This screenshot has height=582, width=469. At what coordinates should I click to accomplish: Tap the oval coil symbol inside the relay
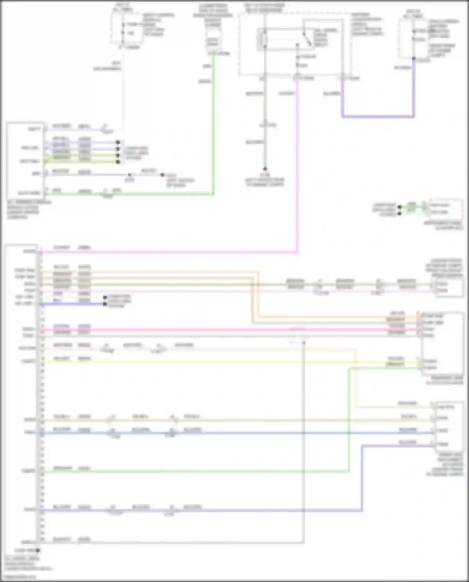(265, 39)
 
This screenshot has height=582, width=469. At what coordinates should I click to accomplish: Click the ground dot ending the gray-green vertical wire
(265, 169)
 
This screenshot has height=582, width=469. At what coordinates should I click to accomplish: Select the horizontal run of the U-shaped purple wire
(378, 117)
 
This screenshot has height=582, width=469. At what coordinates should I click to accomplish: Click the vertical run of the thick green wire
(214, 125)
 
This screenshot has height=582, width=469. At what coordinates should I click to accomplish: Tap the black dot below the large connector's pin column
(38, 550)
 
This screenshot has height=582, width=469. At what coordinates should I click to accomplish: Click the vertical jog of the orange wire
(258, 294)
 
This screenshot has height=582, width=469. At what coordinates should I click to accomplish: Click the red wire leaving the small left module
(75, 129)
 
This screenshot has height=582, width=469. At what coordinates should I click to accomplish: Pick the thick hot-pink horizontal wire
(219, 330)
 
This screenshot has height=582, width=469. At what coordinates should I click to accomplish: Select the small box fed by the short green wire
(445, 209)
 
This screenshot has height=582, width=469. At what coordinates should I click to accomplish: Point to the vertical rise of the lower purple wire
(362, 478)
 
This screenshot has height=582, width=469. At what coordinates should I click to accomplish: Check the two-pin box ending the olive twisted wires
(448, 287)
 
